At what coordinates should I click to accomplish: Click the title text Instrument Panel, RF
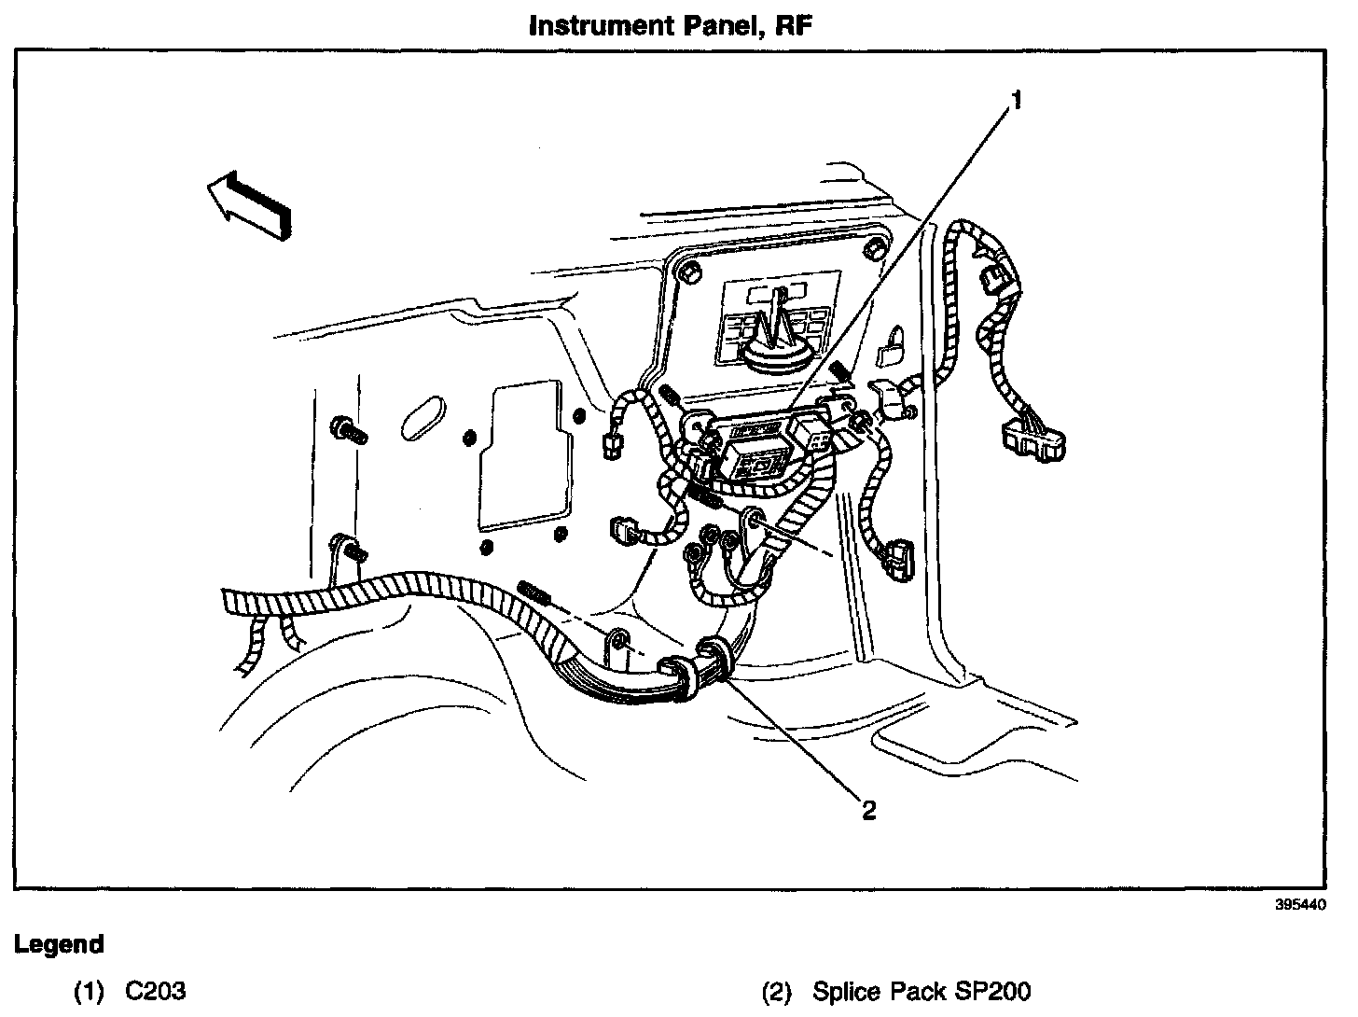click(671, 25)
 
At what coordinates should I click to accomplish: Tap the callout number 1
click(1018, 99)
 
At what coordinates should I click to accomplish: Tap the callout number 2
click(868, 810)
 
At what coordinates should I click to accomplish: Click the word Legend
click(59, 944)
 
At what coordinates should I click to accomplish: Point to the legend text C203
click(155, 990)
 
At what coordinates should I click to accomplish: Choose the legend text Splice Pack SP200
click(921, 990)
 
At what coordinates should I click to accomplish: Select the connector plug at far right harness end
click(1033, 439)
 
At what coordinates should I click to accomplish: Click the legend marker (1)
click(89, 990)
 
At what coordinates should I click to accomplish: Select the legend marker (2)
click(778, 990)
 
